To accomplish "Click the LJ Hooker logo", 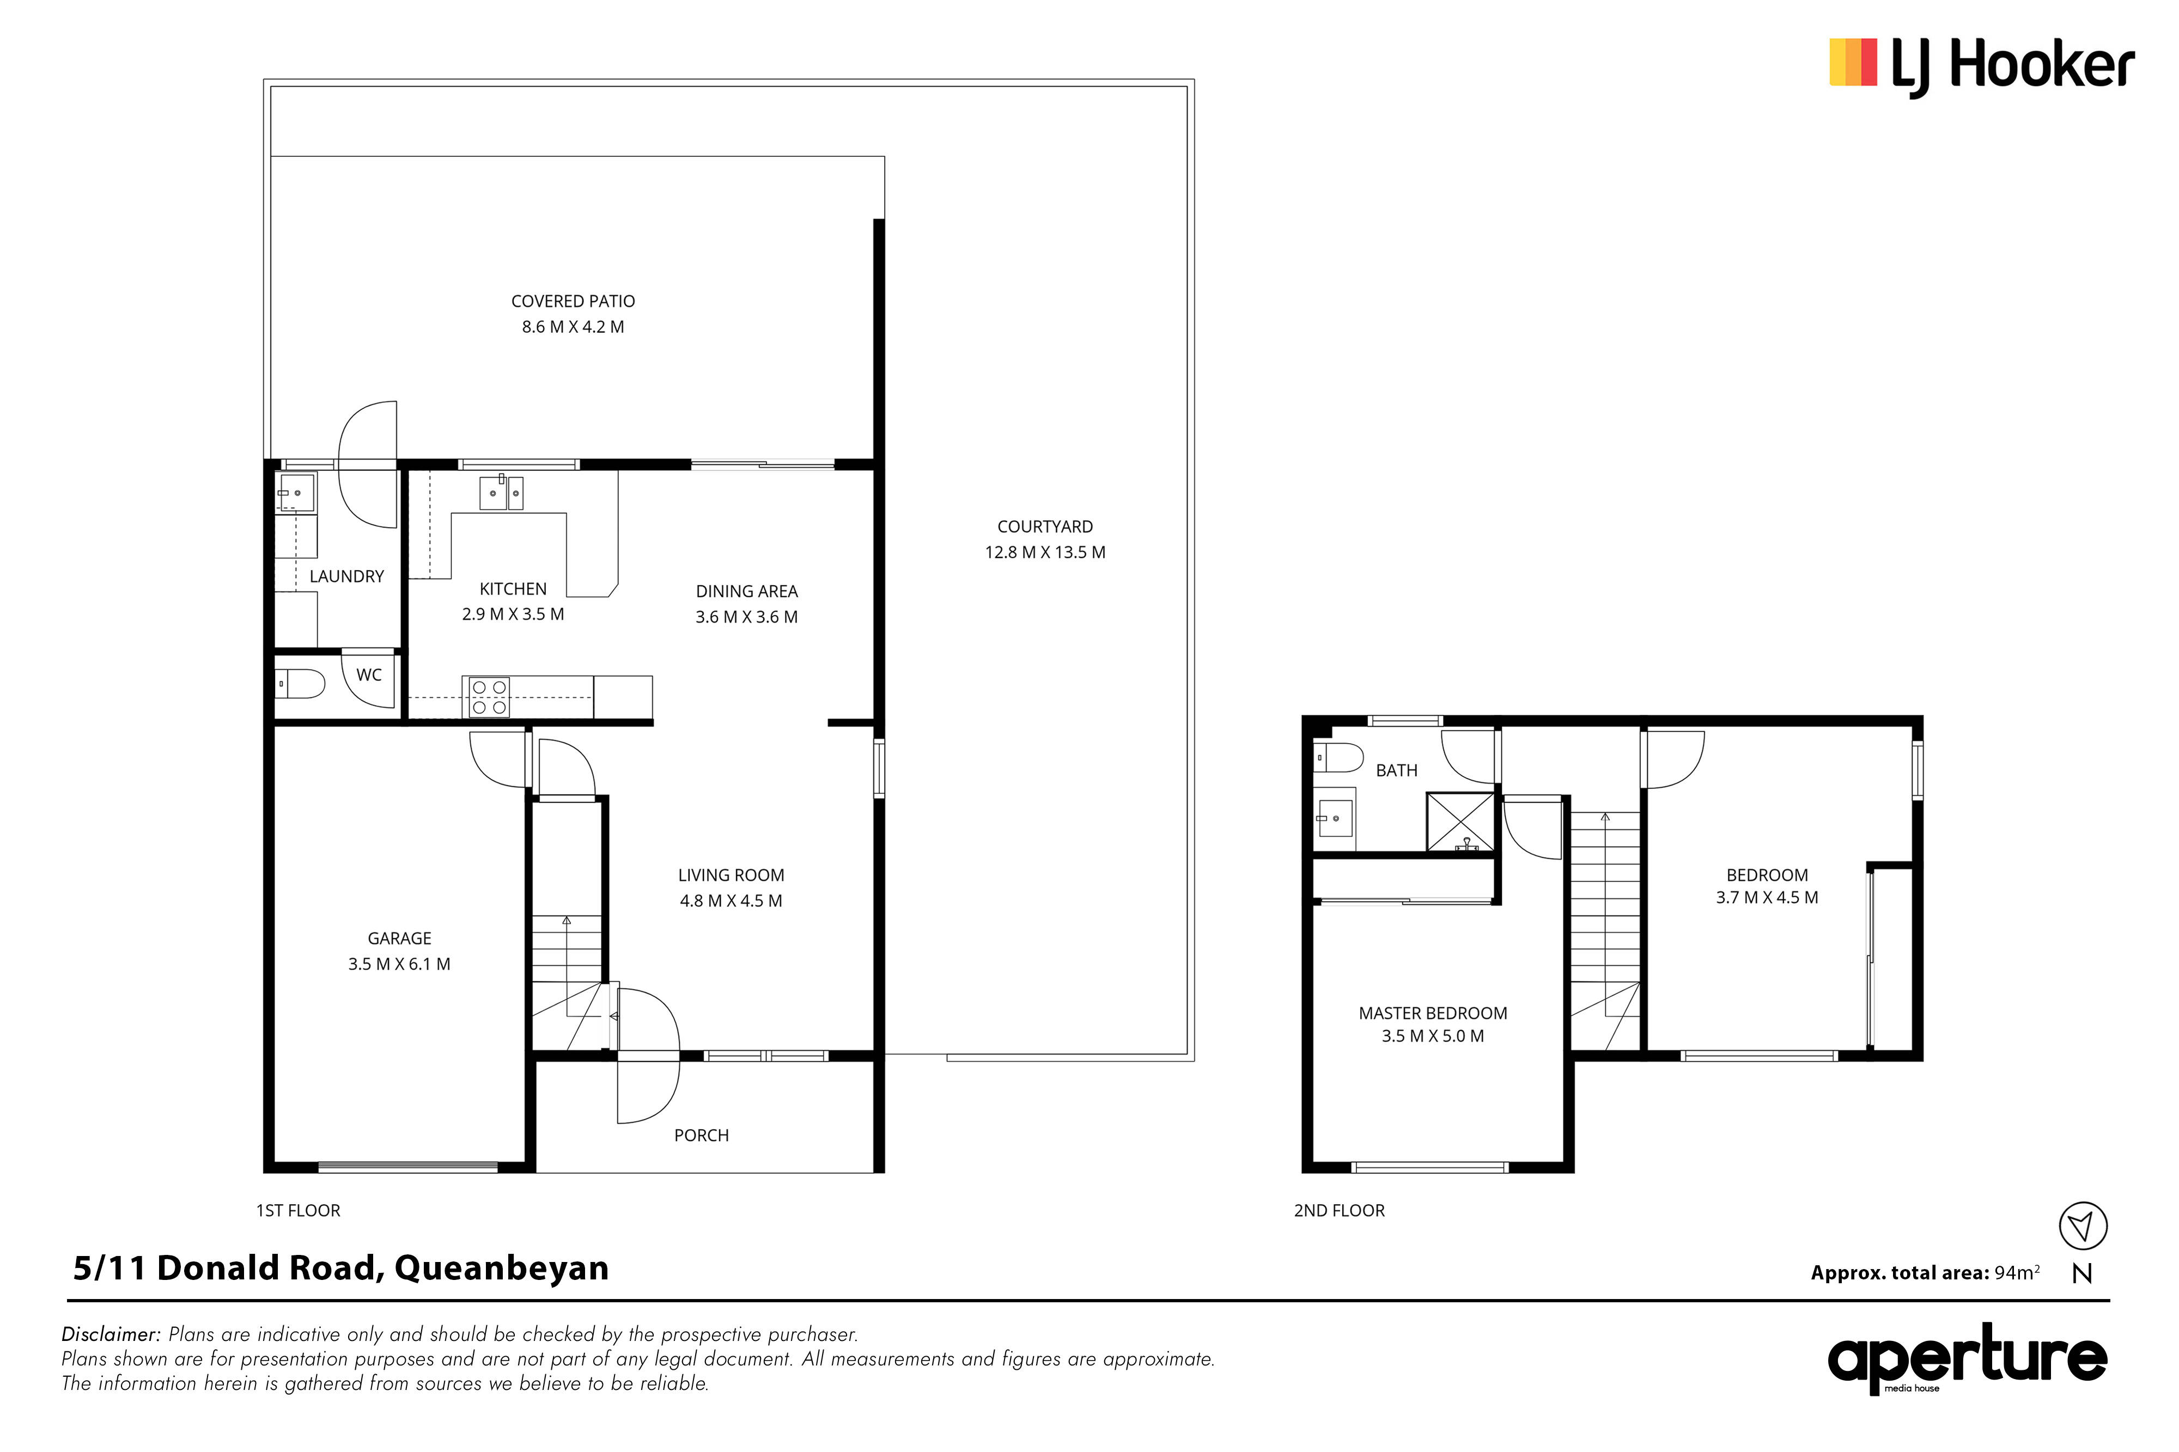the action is coord(1982,66).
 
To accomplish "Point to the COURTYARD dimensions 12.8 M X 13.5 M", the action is coord(1045,552).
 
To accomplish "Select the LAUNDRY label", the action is coord(346,576).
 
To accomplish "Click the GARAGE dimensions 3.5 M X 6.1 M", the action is coord(399,964).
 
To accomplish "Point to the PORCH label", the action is coord(701,1135).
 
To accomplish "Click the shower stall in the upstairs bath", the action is coord(1460,822).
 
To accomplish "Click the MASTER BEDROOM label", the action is coord(1432,1013).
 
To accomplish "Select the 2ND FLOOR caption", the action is coord(1338,1210).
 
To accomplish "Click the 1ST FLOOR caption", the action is coord(299,1210).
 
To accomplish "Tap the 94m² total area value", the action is coord(2017,1272).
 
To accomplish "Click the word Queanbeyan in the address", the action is coord(502,1268).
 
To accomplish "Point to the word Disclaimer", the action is coord(111,1334).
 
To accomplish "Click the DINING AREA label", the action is coord(747,591).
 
